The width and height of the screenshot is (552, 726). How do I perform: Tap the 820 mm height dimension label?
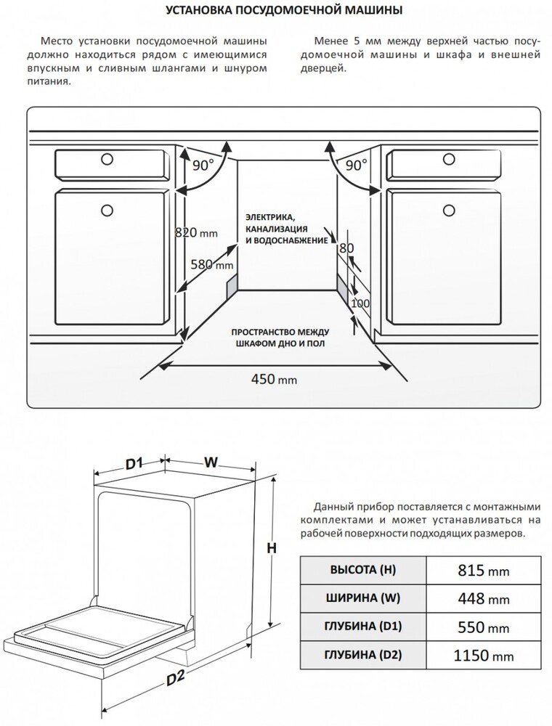coord(196,233)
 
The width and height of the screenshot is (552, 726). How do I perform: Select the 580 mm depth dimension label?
coord(211,265)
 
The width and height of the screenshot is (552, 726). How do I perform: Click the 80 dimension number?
coord(346,248)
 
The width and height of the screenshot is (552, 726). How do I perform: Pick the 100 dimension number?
coord(360,303)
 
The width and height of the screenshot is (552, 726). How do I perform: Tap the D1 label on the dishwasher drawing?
coord(132,462)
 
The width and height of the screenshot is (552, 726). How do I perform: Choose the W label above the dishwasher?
coord(211,462)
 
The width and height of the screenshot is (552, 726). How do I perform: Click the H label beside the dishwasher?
coord(271,550)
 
